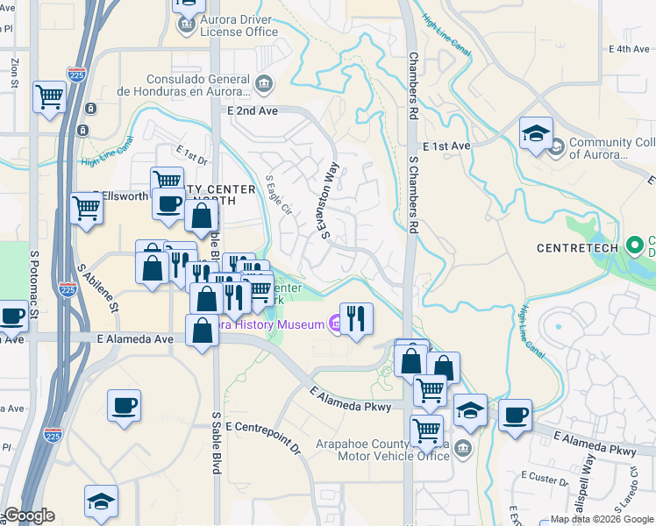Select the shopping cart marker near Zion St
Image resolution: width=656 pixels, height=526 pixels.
[x=49, y=96]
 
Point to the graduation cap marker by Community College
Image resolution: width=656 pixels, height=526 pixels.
[x=536, y=132]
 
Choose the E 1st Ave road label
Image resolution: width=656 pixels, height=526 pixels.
[x=446, y=146]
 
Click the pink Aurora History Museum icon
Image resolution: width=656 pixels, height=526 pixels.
[x=336, y=324]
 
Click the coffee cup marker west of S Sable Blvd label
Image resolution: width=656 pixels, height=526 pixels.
[x=124, y=405]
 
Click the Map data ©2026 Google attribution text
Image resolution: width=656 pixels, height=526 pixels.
[x=601, y=519]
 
